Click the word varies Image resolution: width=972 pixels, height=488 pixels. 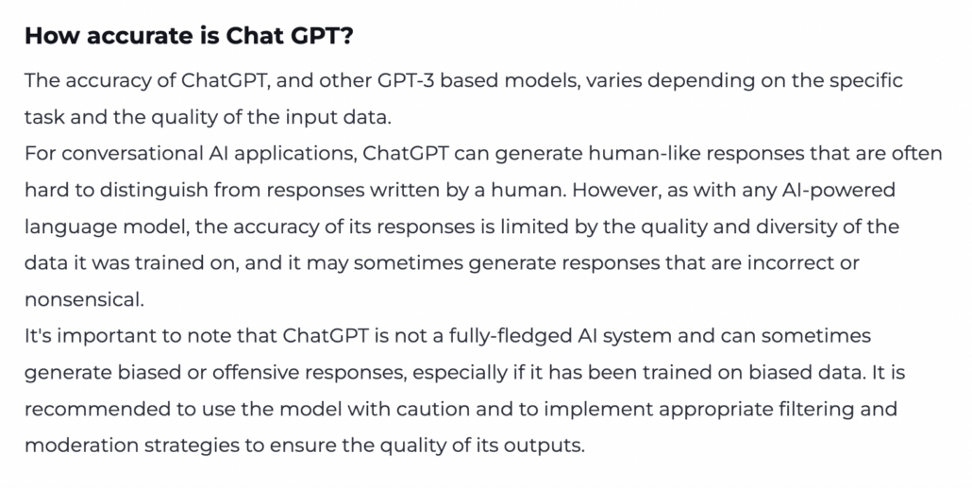pos(617,80)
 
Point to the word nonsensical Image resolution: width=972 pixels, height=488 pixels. pos(83,299)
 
